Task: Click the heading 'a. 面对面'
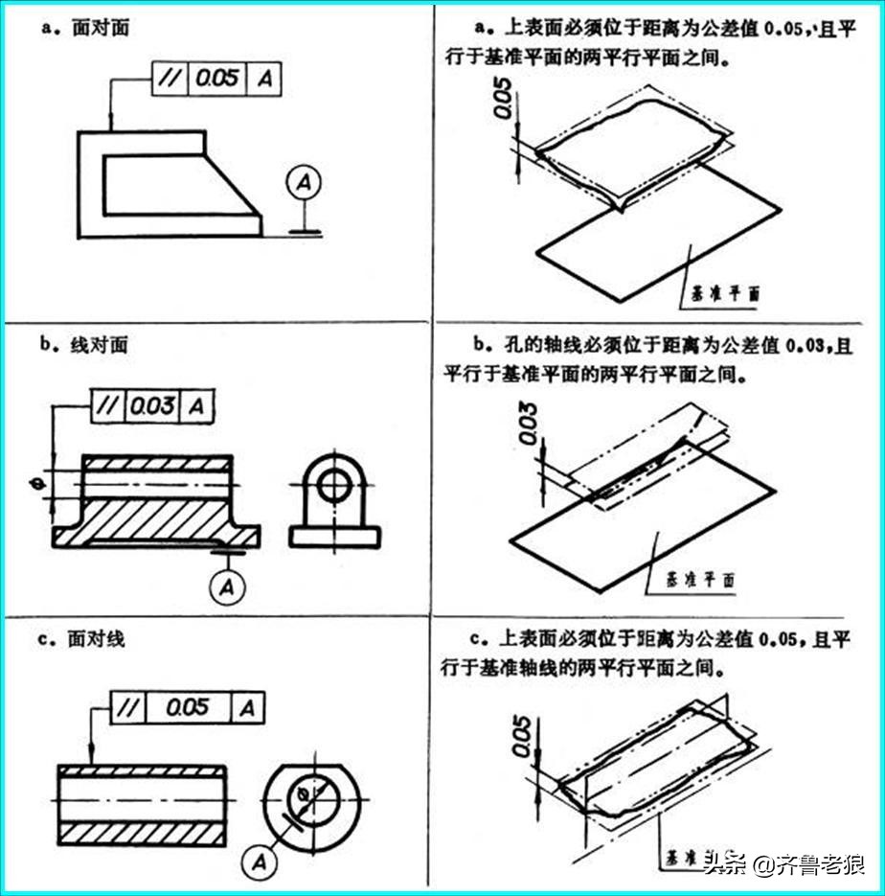tap(87, 30)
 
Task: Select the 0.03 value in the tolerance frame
tap(154, 405)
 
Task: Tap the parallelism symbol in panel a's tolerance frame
tap(170, 80)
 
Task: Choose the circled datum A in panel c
tap(258, 862)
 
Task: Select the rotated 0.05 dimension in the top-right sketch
tap(506, 99)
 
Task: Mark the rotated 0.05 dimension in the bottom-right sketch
tap(522, 735)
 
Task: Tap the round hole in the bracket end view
tap(334, 485)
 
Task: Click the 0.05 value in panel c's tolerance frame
tap(187, 708)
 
